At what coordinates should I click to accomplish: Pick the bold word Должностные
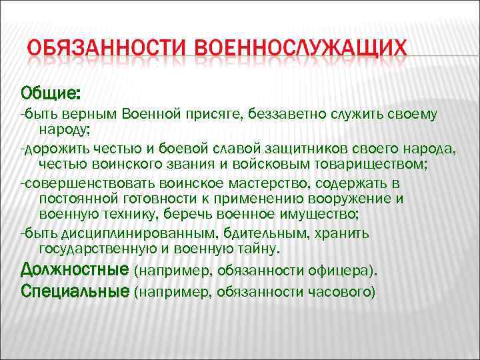click(75, 270)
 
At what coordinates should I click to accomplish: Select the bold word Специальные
click(75, 291)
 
